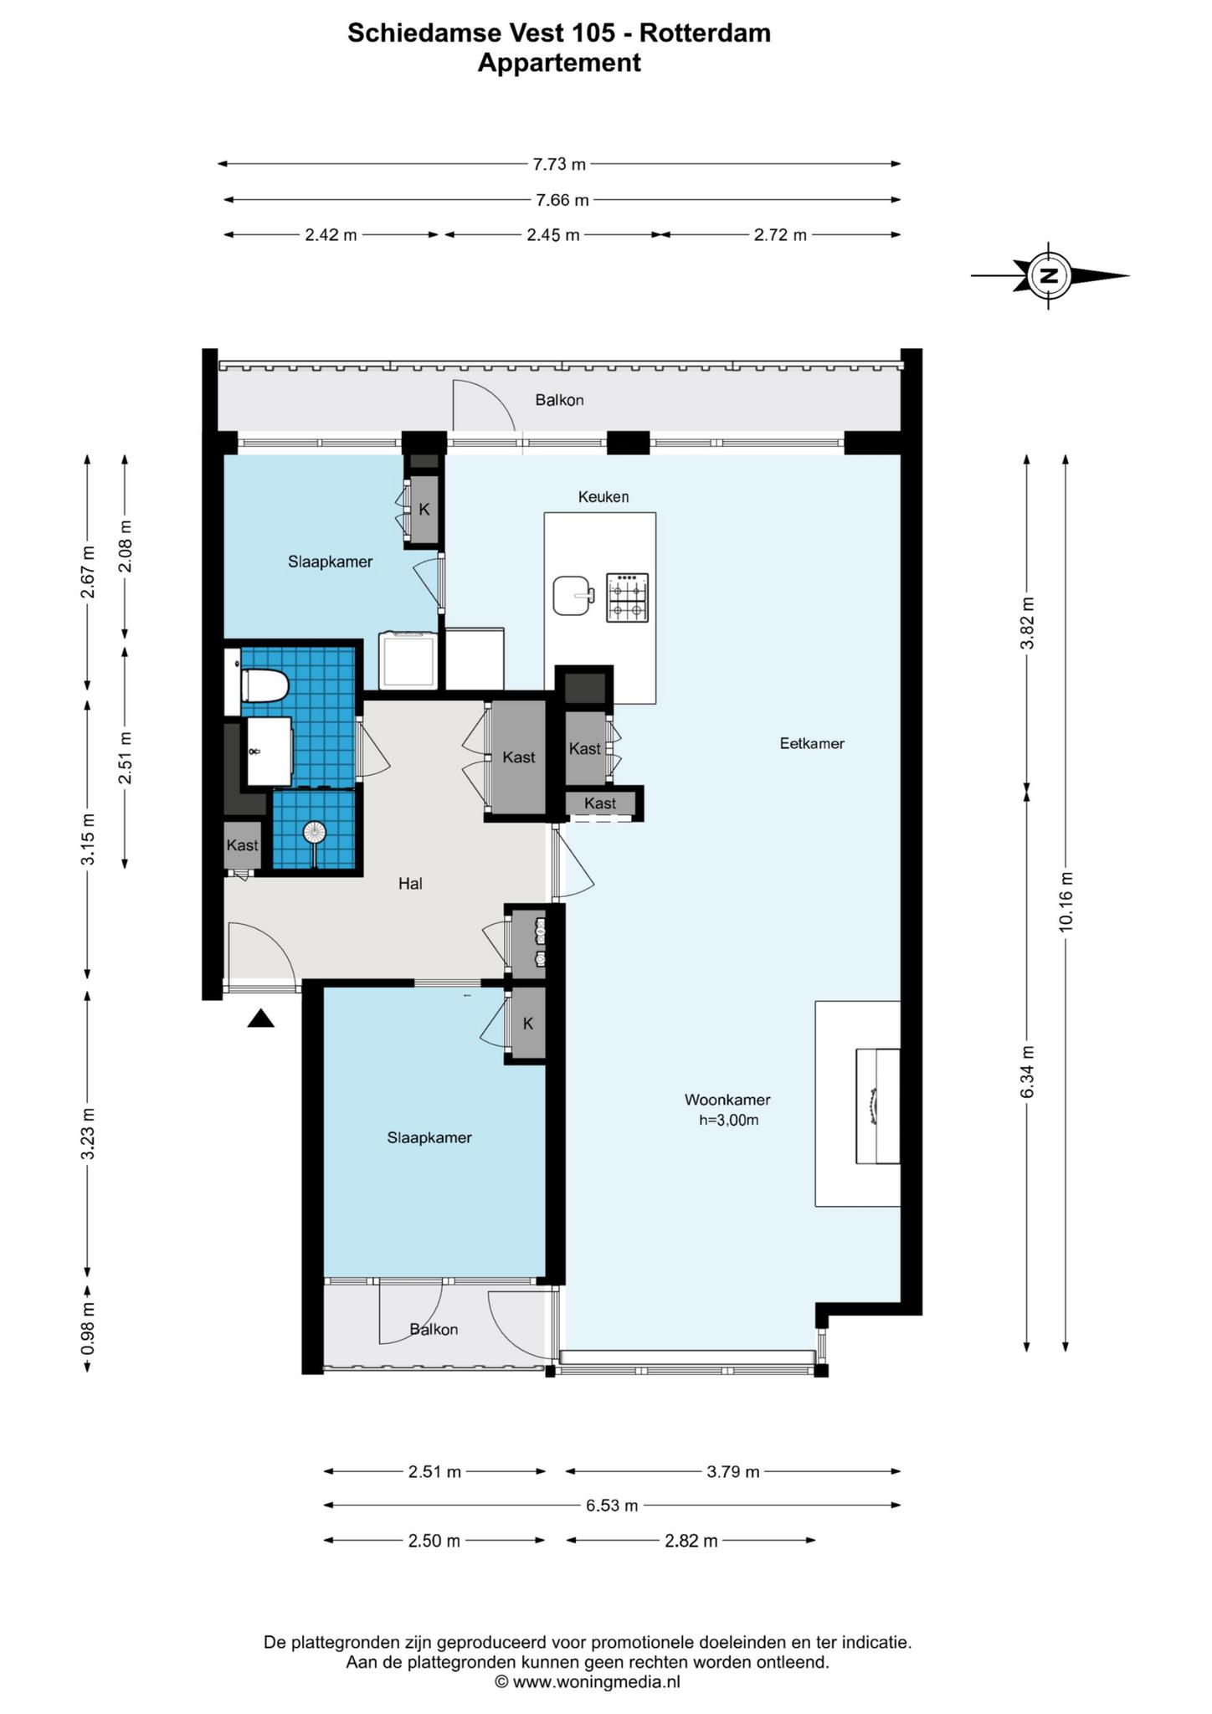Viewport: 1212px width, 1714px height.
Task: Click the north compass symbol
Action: pos(1050,275)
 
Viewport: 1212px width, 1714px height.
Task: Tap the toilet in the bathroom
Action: pos(264,686)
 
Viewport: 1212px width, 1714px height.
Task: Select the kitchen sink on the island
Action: pos(573,595)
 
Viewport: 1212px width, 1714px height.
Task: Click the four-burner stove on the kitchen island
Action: pos(627,597)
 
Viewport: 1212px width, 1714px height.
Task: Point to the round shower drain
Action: pos(314,832)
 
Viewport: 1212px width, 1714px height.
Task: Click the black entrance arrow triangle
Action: pos(261,1019)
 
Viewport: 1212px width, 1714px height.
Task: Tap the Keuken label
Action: pos(603,497)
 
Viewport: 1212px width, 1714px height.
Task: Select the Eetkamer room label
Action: pos(812,743)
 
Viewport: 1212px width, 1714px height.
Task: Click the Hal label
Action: pos(410,883)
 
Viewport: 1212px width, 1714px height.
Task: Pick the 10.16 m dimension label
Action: pos(1066,901)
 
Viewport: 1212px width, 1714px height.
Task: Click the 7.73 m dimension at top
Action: pos(559,164)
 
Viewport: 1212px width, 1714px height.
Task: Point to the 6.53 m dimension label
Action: pos(612,1506)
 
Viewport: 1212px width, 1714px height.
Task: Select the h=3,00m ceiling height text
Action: pos(729,1121)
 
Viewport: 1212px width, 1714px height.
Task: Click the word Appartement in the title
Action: pos(559,63)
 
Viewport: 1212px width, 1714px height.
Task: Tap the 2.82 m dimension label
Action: pos(691,1541)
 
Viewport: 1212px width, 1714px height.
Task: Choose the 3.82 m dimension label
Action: pos(1028,623)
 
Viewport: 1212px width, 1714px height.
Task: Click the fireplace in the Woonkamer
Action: pos(877,1106)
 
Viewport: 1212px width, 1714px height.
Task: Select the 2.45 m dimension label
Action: pos(553,235)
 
